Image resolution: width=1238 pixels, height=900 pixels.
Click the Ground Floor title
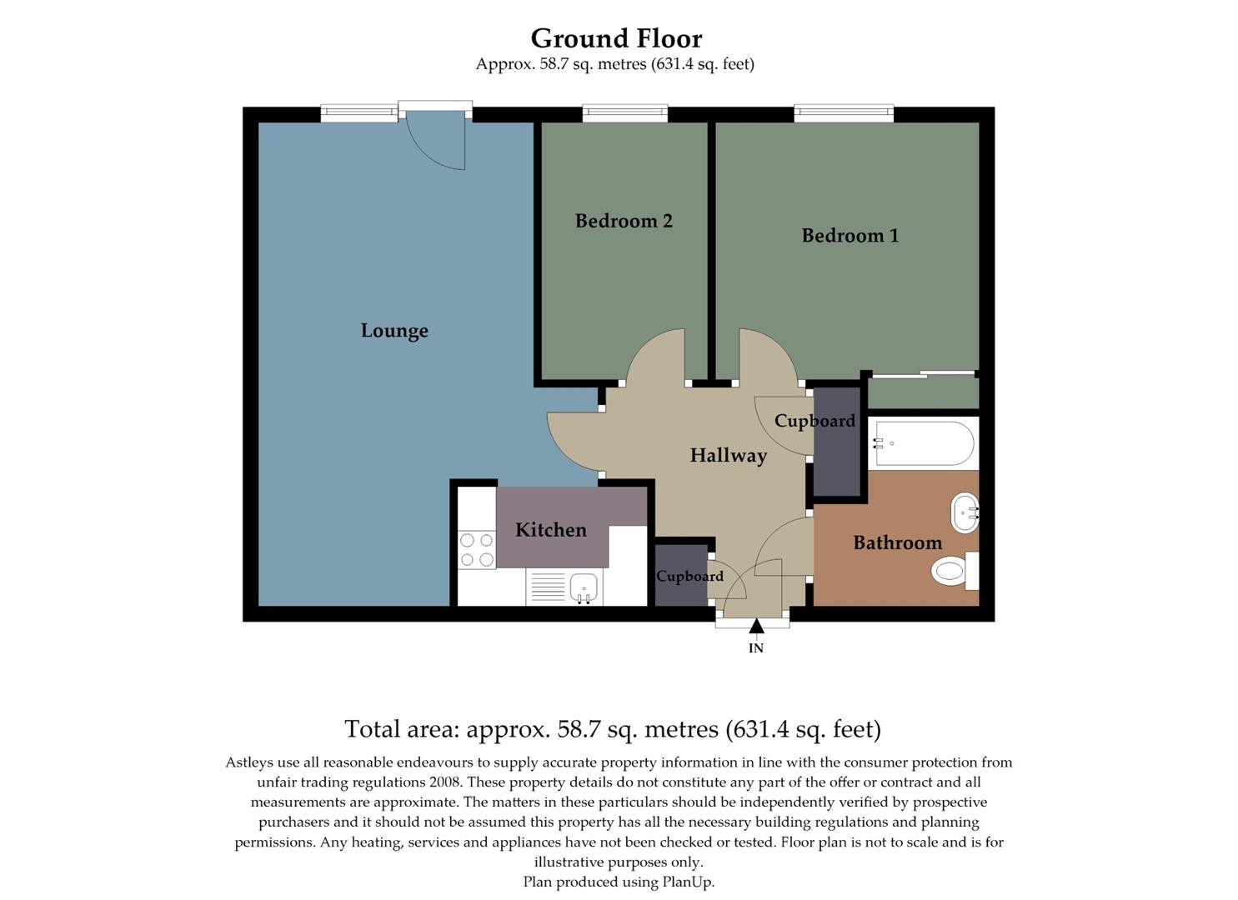(x=616, y=38)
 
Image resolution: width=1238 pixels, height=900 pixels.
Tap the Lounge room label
(x=394, y=331)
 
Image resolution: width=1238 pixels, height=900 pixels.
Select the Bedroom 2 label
(x=624, y=221)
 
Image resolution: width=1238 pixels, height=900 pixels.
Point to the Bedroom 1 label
(x=850, y=236)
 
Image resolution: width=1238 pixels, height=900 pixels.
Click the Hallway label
(x=728, y=456)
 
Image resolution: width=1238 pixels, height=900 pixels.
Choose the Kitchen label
(x=550, y=530)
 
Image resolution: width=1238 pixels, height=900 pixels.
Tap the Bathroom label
(x=897, y=543)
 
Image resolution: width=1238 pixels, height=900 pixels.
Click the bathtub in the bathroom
(x=923, y=443)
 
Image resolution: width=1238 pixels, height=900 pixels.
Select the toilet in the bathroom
(x=952, y=572)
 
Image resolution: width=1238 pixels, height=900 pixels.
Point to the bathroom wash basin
(x=965, y=512)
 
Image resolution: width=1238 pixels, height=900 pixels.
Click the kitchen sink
(x=584, y=587)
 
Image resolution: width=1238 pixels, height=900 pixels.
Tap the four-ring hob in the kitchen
(x=476, y=551)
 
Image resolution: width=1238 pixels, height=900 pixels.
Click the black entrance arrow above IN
(x=755, y=626)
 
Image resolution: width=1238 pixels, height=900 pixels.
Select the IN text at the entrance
(x=755, y=648)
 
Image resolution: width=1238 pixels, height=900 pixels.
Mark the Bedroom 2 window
(x=624, y=112)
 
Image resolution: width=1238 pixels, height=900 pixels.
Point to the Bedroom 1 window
(x=844, y=112)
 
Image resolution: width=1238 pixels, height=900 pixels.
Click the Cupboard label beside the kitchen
(x=689, y=577)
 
